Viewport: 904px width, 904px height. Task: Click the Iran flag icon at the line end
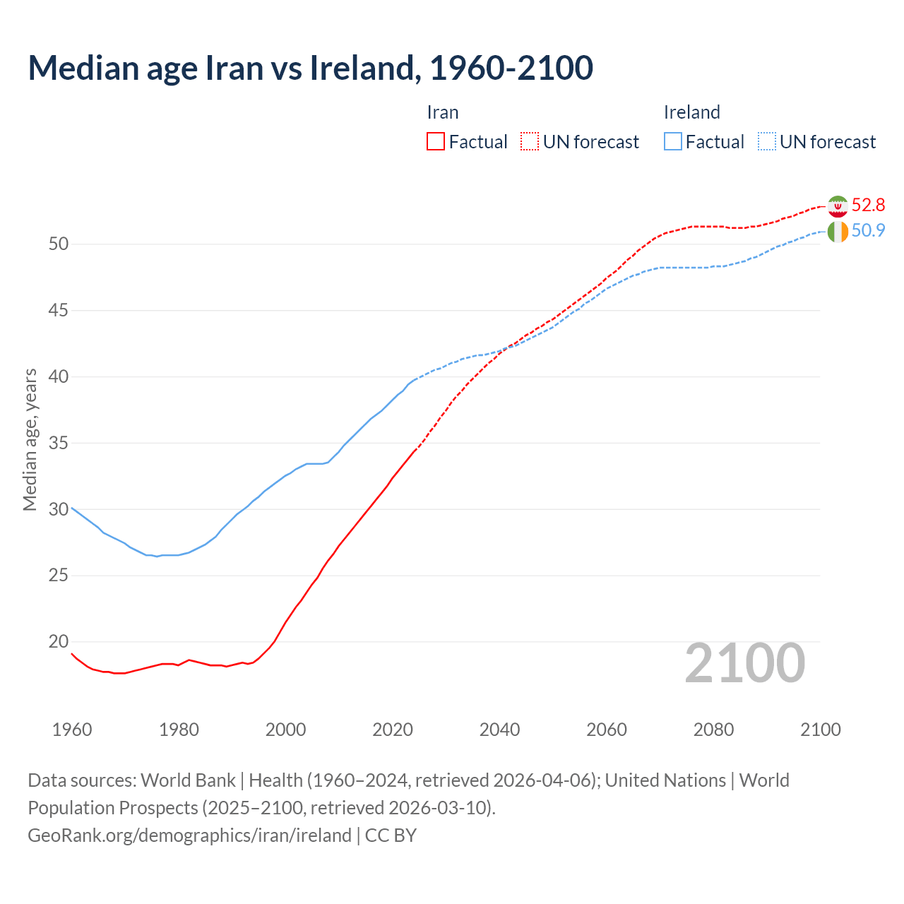pyautogui.click(x=838, y=206)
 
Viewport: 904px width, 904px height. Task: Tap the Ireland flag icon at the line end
pyautogui.click(x=838, y=232)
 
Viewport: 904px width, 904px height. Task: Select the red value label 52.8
pyautogui.click(x=868, y=205)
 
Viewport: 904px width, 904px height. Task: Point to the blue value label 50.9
pyautogui.click(x=868, y=230)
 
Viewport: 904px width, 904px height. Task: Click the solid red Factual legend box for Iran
pyautogui.click(x=436, y=142)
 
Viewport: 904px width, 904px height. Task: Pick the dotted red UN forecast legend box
pyautogui.click(x=530, y=142)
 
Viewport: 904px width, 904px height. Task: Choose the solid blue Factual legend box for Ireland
pyautogui.click(x=673, y=142)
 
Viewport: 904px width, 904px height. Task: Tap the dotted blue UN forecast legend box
pyautogui.click(x=767, y=142)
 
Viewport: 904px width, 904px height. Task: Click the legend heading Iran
pyautogui.click(x=443, y=112)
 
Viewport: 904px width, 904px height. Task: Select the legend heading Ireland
pyautogui.click(x=691, y=112)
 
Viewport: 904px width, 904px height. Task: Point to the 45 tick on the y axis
pyautogui.click(x=59, y=310)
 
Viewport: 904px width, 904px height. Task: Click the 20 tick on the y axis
pyautogui.click(x=59, y=641)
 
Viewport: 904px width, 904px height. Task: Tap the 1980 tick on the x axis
pyautogui.click(x=179, y=730)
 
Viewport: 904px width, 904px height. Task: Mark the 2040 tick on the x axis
pyautogui.click(x=499, y=730)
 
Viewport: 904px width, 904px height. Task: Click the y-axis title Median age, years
pyautogui.click(x=30, y=439)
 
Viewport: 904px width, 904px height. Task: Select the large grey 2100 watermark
pyautogui.click(x=744, y=663)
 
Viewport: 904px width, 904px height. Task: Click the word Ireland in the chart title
pyautogui.click(x=362, y=68)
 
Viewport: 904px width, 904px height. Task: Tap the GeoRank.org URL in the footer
pyautogui.click(x=189, y=835)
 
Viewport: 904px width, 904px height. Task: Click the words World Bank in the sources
pyautogui.click(x=188, y=780)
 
